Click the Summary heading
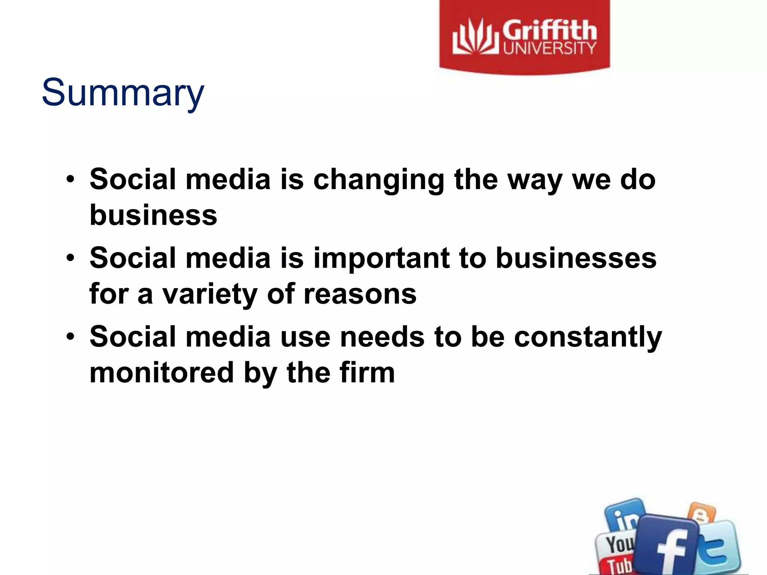point(123,92)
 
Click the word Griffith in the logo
point(549,31)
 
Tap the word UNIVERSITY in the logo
point(549,48)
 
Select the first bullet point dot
point(70,179)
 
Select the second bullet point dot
point(70,258)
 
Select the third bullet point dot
point(70,337)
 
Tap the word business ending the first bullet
point(153,215)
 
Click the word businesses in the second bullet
point(576,258)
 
